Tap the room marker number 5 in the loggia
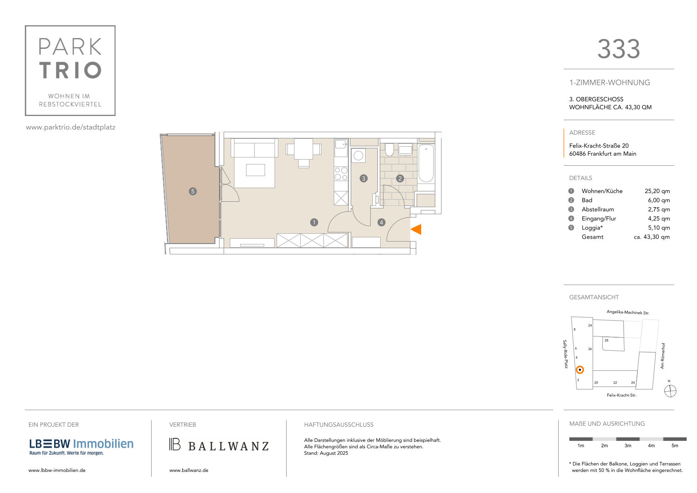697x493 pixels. (193, 191)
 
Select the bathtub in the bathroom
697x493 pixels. (426, 163)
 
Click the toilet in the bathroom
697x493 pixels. (389, 150)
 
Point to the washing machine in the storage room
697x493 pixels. (358, 155)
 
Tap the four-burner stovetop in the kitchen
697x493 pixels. (341, 174)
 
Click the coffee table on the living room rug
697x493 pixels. (255, 170)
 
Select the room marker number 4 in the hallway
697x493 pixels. (381, 222)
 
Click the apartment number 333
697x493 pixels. (618, 49)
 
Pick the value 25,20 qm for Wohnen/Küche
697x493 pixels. (657, 191)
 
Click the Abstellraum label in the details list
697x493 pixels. (598, 210)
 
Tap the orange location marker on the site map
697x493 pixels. (580, 370)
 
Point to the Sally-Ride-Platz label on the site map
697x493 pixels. (565, 354)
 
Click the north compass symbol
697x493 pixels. (670, 391)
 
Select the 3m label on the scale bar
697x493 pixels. (627, 445)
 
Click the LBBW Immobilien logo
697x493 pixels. (81, 447)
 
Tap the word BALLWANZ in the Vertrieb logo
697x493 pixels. (228, 446)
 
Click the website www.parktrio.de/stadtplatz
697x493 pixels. (71, 127)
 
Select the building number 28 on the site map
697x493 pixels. (606, 340)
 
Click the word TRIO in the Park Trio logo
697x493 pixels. (70, 70)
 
